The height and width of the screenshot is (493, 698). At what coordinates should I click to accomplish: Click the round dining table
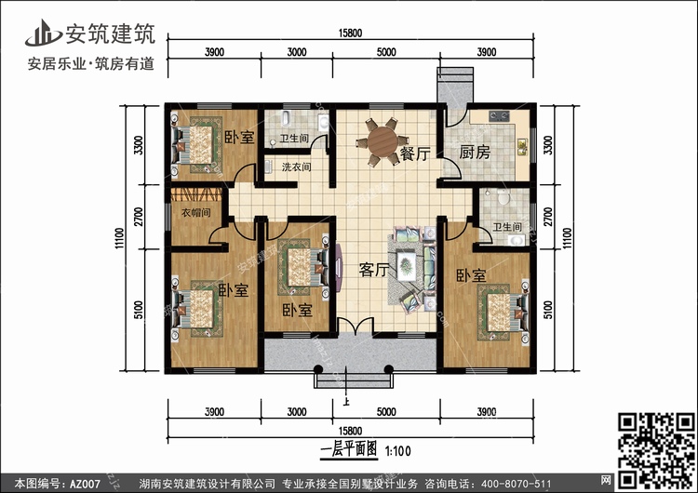tap(383, 141)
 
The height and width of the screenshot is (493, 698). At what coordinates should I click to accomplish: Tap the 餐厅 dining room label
tap(415, 154)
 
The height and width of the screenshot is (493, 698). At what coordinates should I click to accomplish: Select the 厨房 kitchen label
tap(475, 153)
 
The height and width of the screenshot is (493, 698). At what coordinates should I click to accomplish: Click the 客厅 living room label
tap(374, 270)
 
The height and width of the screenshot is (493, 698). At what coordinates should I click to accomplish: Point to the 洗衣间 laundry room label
tap(296, 167)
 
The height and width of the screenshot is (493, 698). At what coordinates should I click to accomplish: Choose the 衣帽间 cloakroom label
tap(195, 213)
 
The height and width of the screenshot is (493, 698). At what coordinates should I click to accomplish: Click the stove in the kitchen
tap(499, 116)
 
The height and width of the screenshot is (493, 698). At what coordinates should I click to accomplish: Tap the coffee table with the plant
tap(406, 266)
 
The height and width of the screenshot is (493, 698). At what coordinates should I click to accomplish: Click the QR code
tap(656, 450)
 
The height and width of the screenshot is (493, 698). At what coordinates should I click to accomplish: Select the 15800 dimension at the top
tap(350, 33)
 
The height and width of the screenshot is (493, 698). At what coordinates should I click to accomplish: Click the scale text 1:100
tap(397, 451)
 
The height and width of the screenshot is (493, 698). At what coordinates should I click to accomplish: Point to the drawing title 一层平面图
tap(349, 449)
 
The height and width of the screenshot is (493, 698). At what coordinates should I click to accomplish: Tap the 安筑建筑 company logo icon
tap(43, 33)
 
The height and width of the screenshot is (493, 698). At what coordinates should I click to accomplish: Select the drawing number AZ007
tap(85, 484)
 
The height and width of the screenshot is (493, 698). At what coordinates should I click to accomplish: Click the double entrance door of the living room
tap(355, 326)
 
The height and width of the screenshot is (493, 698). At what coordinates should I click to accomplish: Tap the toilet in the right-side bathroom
tap(503, 196)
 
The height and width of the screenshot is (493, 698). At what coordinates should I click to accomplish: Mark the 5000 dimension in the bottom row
tap(386, 412)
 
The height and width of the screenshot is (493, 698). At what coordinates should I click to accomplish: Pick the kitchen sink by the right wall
tap(522, 147)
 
